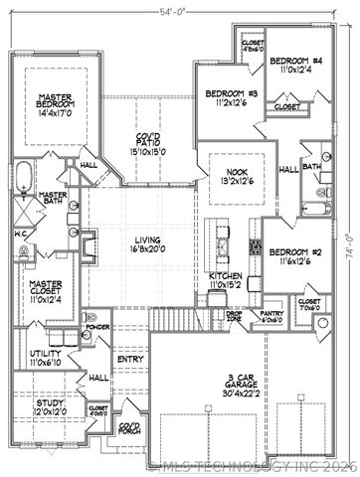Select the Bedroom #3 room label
[232, 98]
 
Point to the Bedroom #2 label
[295, 257]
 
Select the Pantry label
[272, 316]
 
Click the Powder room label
[97, 326]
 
